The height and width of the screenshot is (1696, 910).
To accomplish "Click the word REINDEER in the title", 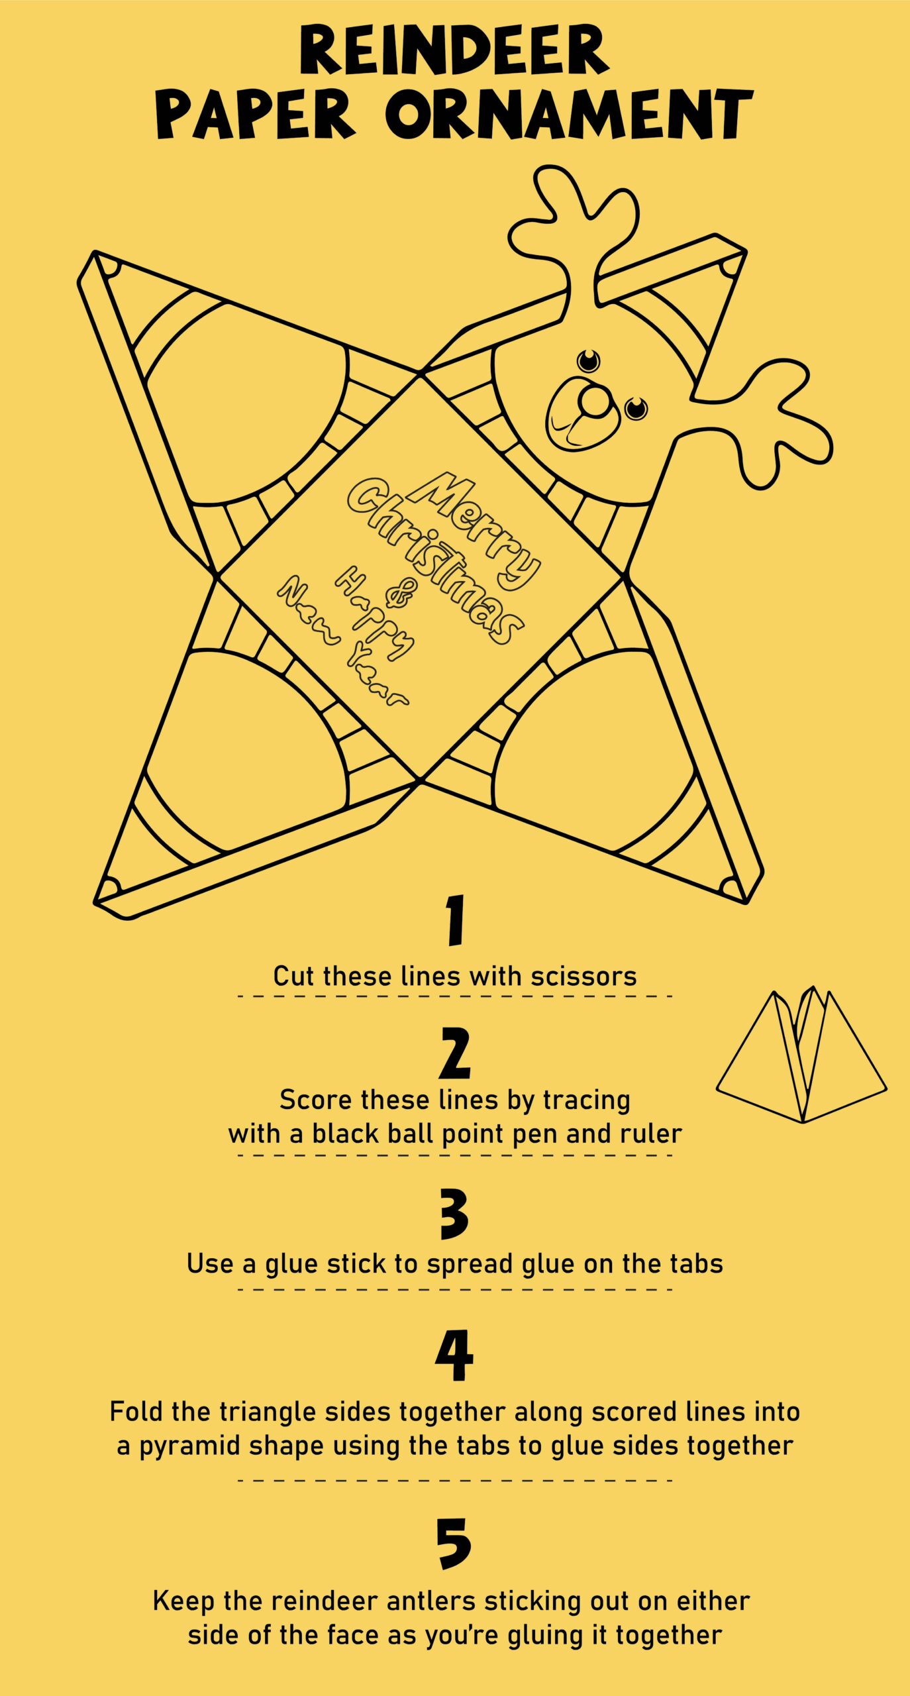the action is [x=454, y=50].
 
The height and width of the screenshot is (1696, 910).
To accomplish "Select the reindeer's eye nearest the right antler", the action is [x=636, y=408].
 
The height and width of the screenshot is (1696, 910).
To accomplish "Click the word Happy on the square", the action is [x=375, y=613].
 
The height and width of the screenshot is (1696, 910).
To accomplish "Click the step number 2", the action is [x=455, y=1052].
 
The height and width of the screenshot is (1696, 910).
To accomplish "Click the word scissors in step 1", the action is [x=583, y=977].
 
